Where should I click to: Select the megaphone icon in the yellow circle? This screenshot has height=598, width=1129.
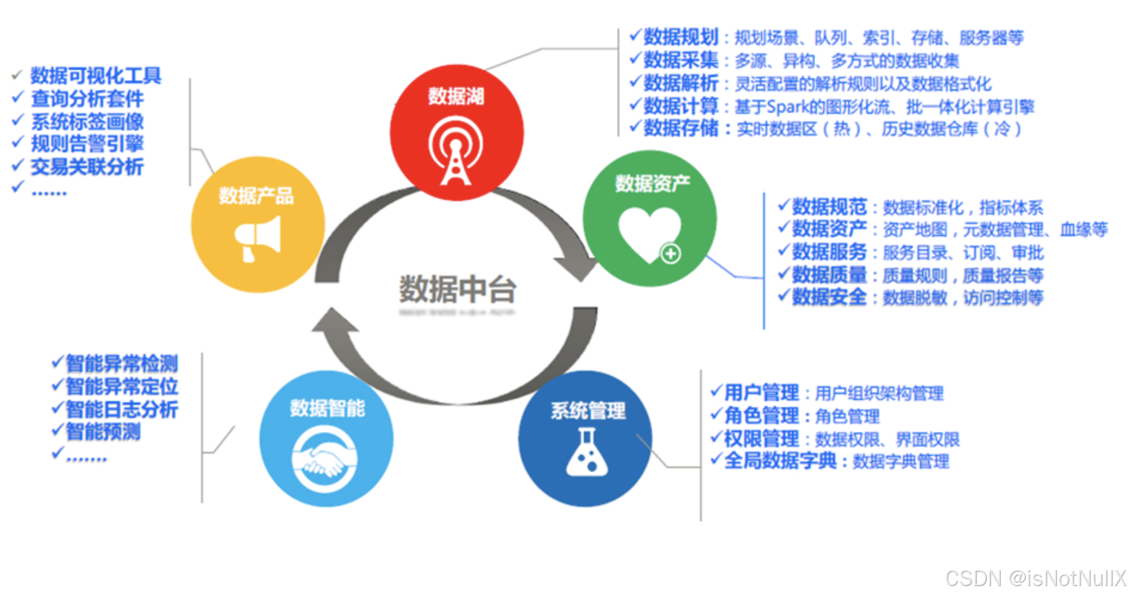258,239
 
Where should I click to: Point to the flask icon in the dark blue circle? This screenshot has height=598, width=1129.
586,452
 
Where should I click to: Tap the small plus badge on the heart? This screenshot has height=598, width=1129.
671,253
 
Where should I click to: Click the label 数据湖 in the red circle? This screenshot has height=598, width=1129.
456,97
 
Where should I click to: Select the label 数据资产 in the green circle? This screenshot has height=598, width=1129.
652,183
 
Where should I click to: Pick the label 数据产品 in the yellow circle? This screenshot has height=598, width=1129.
256,196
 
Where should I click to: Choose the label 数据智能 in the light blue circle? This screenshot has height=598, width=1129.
327,408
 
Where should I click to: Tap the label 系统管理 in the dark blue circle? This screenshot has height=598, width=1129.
588,411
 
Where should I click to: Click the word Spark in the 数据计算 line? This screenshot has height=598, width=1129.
788,107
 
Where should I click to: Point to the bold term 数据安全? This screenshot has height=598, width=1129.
829,298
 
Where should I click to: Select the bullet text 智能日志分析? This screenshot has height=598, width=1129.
122,409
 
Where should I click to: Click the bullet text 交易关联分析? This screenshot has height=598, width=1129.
87,167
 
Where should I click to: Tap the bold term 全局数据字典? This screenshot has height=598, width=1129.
780,460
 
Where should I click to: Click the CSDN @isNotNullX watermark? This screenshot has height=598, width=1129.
1035,578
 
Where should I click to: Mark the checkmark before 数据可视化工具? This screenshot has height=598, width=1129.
18,75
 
